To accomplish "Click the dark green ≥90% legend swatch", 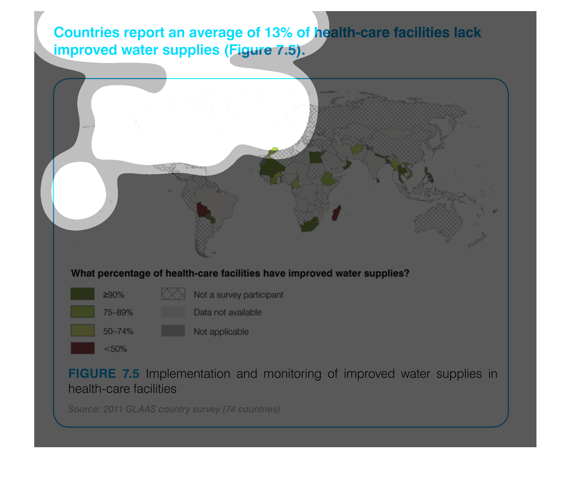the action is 82,294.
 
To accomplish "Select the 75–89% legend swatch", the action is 82,312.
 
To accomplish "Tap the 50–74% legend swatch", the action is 82,330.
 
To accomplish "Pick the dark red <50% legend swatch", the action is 82,348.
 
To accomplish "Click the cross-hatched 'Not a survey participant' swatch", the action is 173,294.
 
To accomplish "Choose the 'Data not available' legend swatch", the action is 173,312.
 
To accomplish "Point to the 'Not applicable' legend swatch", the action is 173,330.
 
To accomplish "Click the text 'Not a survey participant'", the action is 238,295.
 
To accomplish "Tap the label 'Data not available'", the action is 228,312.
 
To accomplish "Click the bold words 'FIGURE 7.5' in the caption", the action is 104,374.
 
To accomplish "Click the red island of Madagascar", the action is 337,213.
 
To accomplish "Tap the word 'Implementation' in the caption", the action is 188,374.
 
